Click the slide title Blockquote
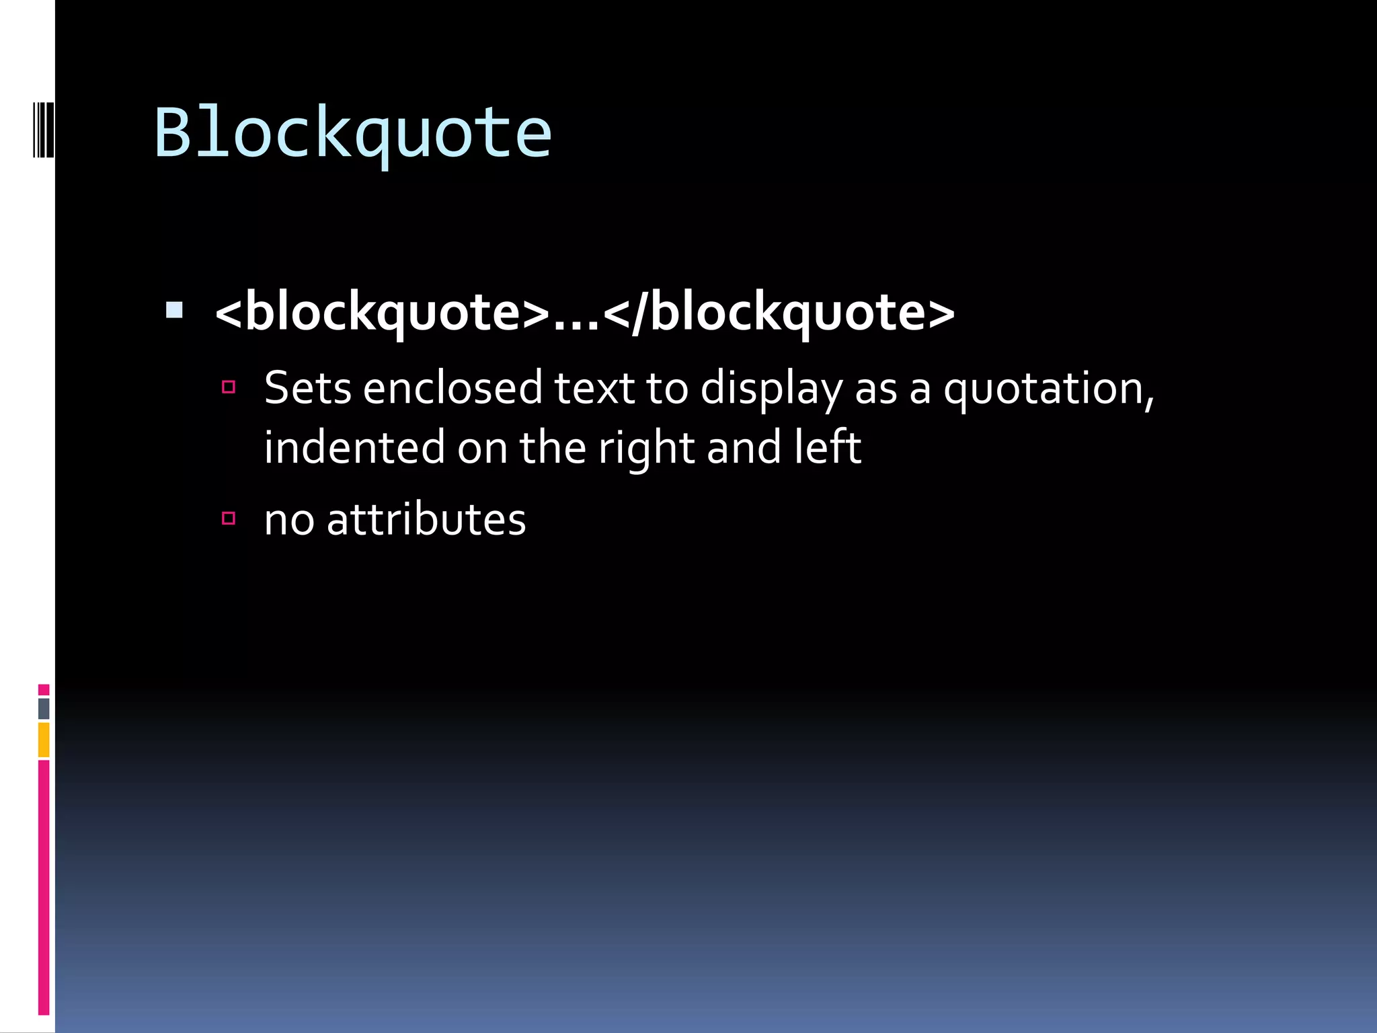click(352, 134)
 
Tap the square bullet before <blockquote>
click(174, 310)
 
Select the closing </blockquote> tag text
click(779, 313)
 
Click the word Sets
click(307, 388)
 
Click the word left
click(827, 447)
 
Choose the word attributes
click(426, 520)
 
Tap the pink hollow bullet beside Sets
click(229, 387)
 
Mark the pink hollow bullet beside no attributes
click(229, 518)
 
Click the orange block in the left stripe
click(44, 739)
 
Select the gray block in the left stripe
click(44, 708)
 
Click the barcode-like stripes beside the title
click(43, 129)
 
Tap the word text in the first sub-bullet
click(594, 388)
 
